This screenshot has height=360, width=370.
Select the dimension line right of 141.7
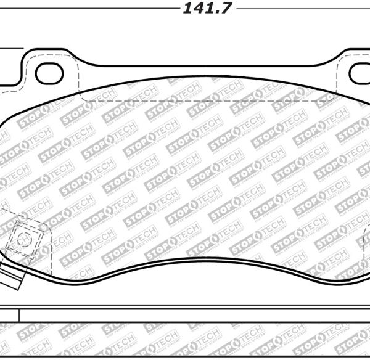click(x=302, y=9)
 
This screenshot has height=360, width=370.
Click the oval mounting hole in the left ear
click(x=49, y=73)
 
